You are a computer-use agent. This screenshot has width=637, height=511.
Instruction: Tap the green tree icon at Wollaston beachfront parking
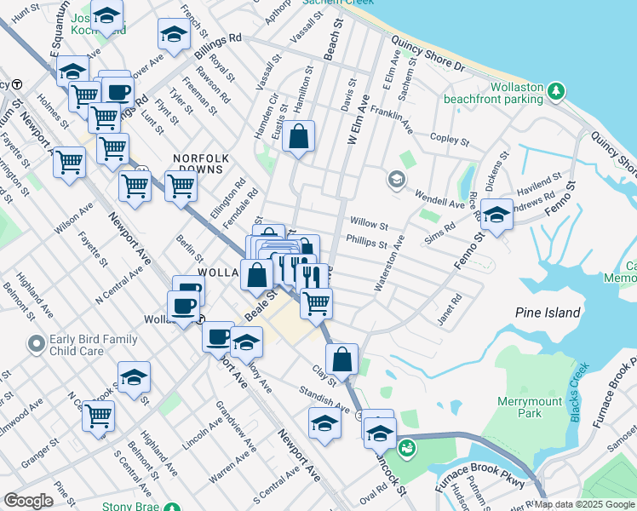coord(556,89)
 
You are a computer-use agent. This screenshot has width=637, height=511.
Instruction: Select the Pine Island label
coord(548,313)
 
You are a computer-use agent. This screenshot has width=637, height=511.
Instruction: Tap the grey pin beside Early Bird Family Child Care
coord(36,345)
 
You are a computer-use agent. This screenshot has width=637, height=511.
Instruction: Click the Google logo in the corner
coord(29,501)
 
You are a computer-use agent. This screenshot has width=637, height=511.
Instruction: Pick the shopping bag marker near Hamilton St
coord(299,137)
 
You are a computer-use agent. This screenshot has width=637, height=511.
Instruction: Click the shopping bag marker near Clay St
coord(341,359)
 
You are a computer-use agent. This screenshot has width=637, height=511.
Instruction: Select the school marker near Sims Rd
coord(496,214)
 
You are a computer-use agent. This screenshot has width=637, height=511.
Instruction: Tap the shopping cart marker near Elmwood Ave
coord(99,416)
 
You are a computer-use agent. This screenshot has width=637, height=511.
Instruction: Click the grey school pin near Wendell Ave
coord(395,180)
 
